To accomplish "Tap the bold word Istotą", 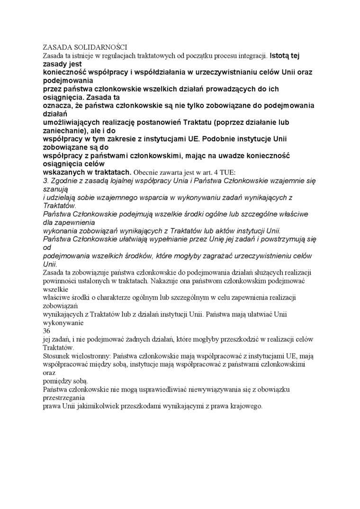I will [x=281, y=56].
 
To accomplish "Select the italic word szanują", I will [x=54, y=189].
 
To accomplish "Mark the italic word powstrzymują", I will [x=281, y=239].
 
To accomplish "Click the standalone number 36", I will [x=47, y=330].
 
